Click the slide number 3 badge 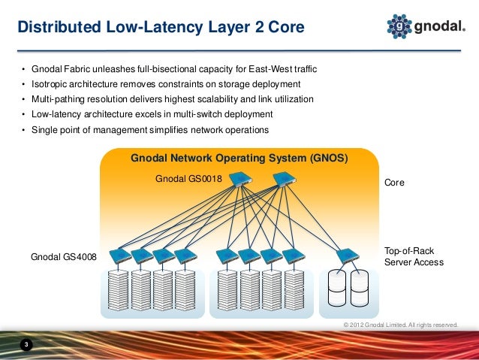26,345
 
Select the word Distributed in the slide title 54,29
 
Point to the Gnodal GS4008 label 63,258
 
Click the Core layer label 395,183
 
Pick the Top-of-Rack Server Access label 414,256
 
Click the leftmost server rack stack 119,292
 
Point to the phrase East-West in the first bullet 266,69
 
